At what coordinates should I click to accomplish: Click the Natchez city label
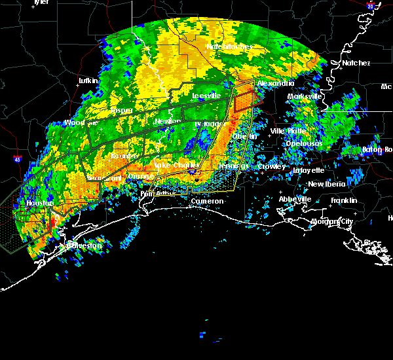356,63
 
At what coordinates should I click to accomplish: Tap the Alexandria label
272,84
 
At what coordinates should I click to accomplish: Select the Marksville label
305,96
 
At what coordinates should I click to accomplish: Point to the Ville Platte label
288,131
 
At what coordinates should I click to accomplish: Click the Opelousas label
303,143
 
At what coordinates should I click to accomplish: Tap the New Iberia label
327,184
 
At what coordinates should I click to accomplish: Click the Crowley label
271,166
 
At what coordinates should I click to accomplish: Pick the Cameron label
207,201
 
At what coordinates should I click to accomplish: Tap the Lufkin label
88,81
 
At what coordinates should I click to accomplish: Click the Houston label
39,204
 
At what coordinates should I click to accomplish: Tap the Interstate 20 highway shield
370,6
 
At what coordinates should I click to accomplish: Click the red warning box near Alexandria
243,101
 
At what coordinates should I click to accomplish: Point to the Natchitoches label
225,46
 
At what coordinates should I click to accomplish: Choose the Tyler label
41,2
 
